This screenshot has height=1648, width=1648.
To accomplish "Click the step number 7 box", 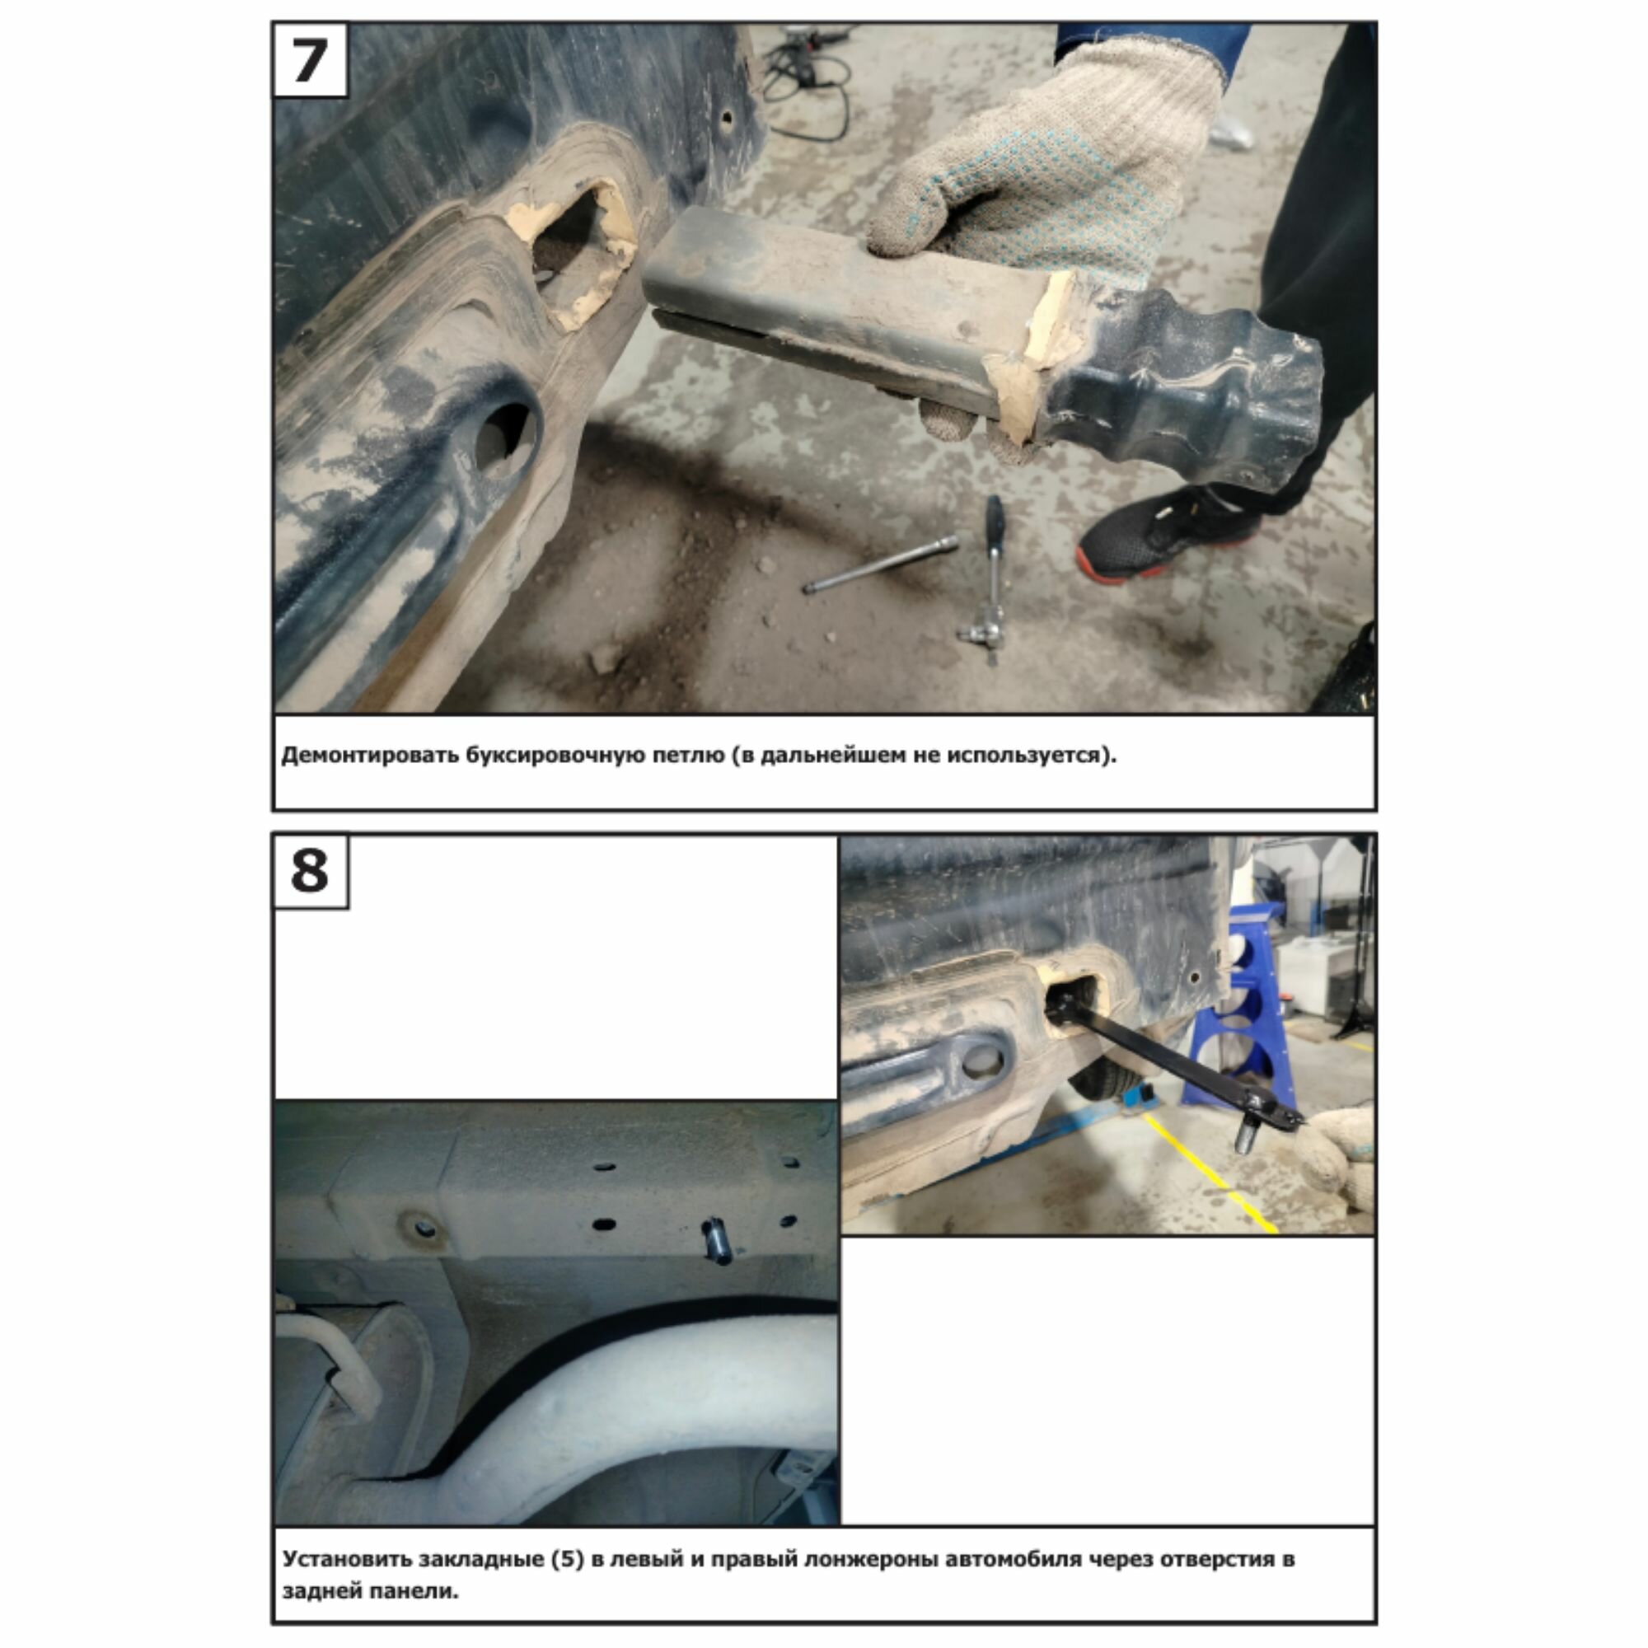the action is coord(310,59).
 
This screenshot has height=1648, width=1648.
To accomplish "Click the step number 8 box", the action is coord(310,871).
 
